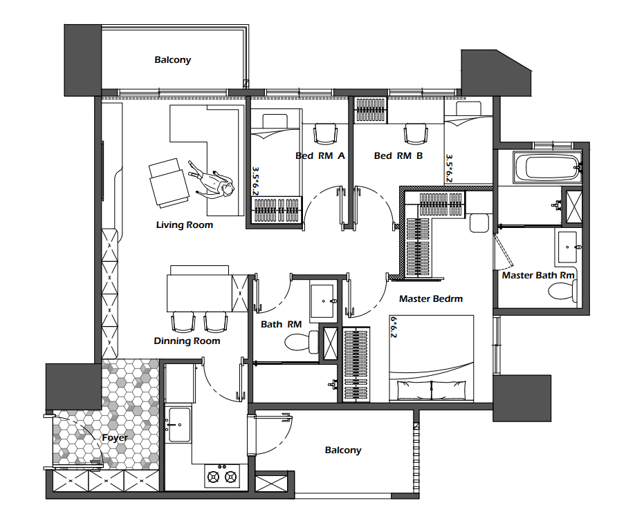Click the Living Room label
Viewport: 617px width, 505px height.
click(185, 225)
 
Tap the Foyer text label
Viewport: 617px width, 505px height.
click(115, 438)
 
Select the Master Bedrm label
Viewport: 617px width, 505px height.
click(431, 298)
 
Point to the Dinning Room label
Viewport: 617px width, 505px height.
click(187, 341)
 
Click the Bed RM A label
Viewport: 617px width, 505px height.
click(320, 155)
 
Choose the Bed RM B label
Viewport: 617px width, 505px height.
click(398, 155)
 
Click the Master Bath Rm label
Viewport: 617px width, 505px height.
click(538, 275)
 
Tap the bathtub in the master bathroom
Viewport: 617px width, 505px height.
click(547, 168)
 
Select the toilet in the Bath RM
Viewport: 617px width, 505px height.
click(302, 341)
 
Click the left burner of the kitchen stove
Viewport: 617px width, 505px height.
click(214, 477)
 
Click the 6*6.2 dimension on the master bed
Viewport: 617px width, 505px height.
click(394, 327)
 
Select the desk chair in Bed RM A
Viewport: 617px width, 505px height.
click(325, 134)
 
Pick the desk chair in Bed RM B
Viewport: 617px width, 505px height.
click(416, 134)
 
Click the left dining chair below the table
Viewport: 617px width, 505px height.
click(183, 322)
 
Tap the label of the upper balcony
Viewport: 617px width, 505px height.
click(173, 59)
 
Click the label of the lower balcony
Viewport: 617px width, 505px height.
click(343, 450)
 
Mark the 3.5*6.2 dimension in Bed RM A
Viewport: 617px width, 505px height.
click(256, 181)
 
